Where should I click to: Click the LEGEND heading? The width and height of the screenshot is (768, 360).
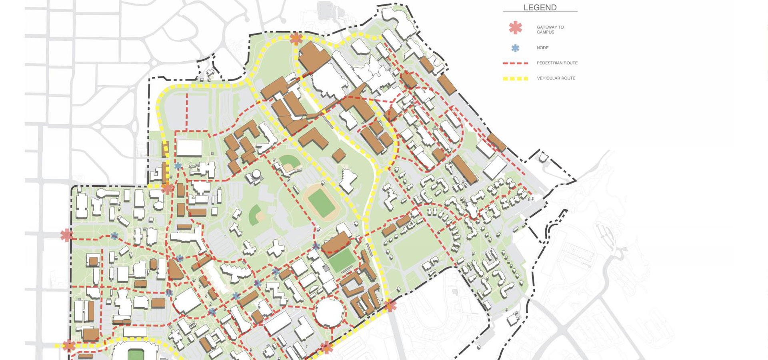click(x=540, y=8)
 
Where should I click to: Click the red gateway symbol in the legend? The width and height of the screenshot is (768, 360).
click(x=516, y=28)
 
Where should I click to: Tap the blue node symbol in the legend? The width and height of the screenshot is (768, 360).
click(x=516, y=48)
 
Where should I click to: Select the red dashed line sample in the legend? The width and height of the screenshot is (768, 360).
click(x=516, y=63)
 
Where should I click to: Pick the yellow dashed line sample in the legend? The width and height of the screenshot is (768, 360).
click(x=516, y=78)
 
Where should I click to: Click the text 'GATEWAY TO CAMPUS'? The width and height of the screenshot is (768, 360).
click(x=550, y=30)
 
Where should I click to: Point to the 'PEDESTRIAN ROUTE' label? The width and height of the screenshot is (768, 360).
click(x=557, y=63)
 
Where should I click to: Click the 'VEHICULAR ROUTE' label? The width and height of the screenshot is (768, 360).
click(x=556, y=78)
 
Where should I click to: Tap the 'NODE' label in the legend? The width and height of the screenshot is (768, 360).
click(x=542, y=48)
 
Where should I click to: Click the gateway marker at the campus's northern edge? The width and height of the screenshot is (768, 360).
click(x=296, y=39)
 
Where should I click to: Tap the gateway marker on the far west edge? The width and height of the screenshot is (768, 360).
click(x=66, y=235)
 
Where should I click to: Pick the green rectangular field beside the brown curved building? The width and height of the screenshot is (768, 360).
click(x=342, y=260)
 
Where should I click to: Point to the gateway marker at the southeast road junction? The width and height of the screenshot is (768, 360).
click(x=390, y=306)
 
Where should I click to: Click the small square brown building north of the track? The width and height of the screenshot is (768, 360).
click(x=339, y=155)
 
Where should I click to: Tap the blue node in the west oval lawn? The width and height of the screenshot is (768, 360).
click(x=114, y=236)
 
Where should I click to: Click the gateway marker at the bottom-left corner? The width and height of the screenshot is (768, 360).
click(x=69, y=345)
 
